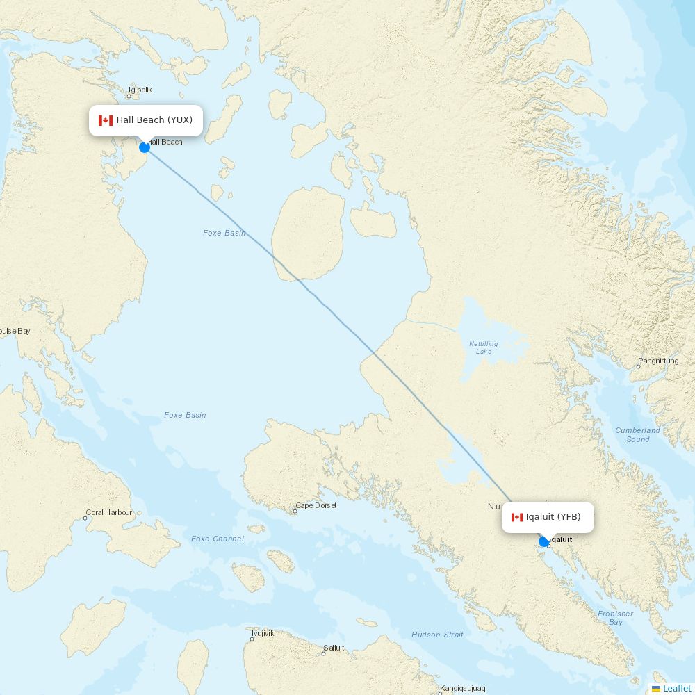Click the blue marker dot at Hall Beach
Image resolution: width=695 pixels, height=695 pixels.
click(145, 147)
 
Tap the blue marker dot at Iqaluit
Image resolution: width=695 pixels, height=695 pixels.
click(544, 541)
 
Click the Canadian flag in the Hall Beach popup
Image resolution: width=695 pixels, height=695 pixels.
click(106, 120)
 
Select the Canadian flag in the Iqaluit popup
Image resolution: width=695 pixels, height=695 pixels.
click(517, 517)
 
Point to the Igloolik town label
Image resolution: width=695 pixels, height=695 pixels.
click(140, 90)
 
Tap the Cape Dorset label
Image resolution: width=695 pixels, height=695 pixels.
click(316, 505)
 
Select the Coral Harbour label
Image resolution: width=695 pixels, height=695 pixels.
click(108, 512)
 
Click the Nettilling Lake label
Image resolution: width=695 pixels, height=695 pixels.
click(483, 347)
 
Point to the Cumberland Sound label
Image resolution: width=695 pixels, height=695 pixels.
click(637, 434)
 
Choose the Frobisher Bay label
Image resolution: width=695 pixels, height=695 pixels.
click(615, 618)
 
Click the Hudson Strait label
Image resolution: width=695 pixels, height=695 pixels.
click(437, 635)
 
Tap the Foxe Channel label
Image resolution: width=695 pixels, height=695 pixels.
click(218, 539)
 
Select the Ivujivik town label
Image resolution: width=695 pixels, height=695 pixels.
click(263, 633)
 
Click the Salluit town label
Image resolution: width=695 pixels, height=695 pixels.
click(334, 648)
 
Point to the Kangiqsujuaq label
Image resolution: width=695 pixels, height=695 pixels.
click(462, 688)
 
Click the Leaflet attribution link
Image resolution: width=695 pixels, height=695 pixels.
click(676, 688)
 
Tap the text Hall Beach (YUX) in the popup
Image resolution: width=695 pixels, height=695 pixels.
click(154, 120)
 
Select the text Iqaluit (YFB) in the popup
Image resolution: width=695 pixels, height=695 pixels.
click(553, 516)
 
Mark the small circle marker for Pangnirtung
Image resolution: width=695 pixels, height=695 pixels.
click(638, 366)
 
